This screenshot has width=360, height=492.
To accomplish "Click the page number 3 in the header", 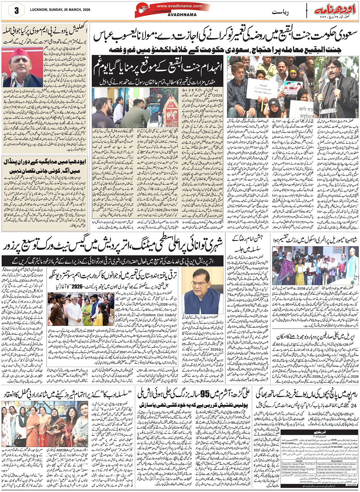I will (16, 11).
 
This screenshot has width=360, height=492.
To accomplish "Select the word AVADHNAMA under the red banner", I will (173, 16).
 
